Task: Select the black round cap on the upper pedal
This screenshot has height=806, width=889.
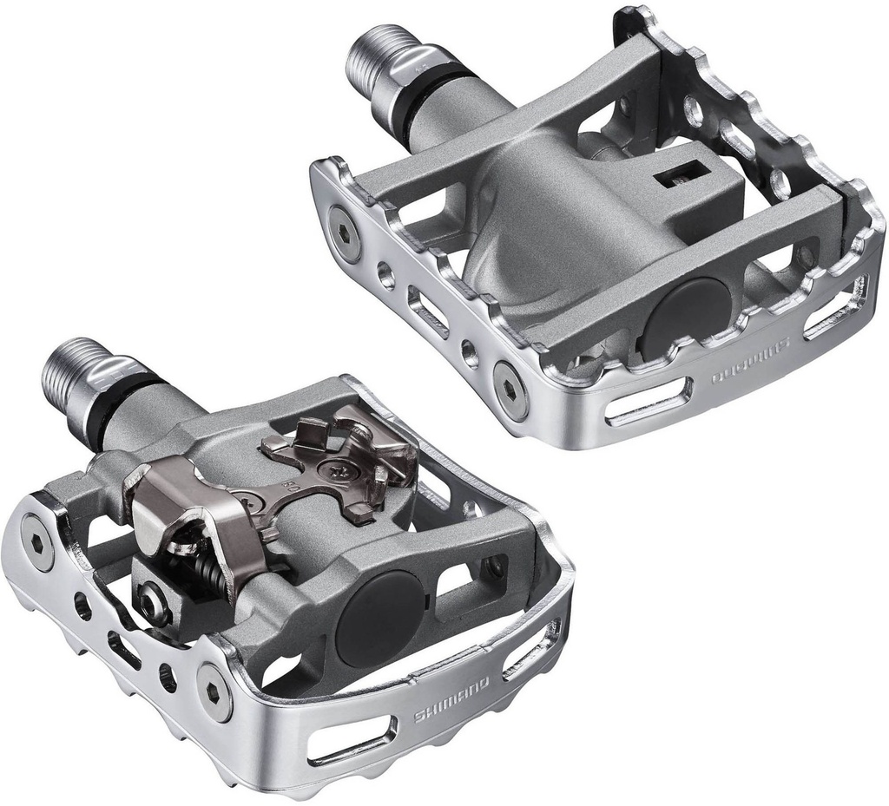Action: pos(685,312)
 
